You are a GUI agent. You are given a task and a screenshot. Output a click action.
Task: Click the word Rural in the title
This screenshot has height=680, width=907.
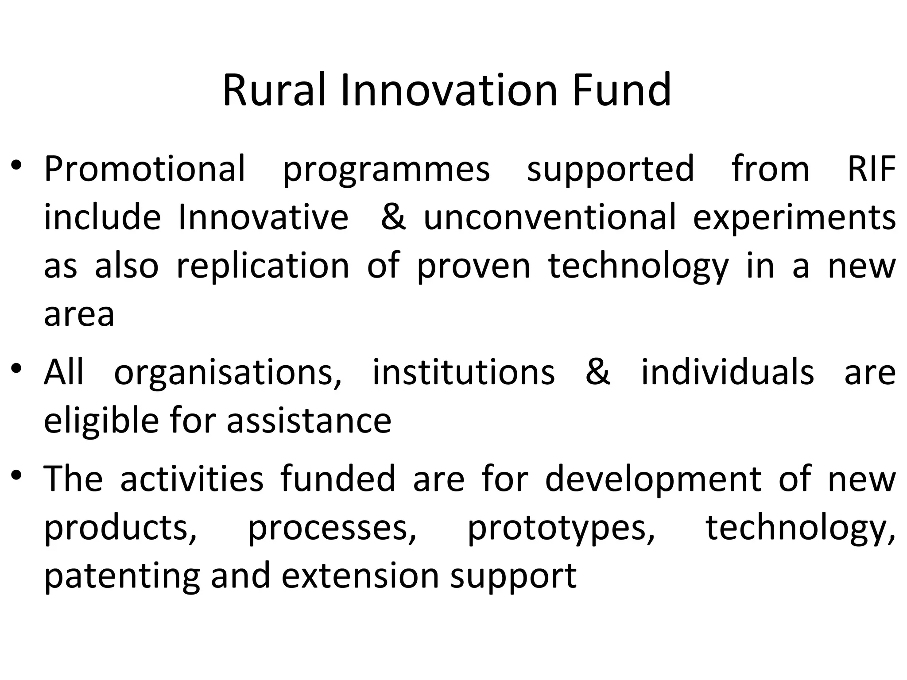(x=274, y=90)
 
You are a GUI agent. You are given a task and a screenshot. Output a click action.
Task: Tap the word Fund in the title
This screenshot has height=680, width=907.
(x=621, y=90)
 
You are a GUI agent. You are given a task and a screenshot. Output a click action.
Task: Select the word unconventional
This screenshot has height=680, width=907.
(x=550, y=217)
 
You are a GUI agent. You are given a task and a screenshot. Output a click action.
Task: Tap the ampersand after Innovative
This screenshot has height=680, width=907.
(x=393, y=217)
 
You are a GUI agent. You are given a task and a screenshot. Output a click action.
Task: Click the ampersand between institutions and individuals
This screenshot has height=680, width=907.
(x=597, y=372)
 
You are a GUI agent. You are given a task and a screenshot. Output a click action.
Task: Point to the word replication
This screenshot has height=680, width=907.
(x=263, y=267)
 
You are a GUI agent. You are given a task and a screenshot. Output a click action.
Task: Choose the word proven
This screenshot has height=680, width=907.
(x=473, y=267)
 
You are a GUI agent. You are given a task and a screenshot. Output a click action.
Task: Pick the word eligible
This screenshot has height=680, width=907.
(x=101, y=421)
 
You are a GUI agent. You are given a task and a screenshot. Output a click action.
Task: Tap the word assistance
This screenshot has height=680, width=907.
(x=309, y=421)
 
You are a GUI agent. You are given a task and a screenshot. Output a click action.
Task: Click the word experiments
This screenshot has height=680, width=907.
(x=794, y=218)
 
